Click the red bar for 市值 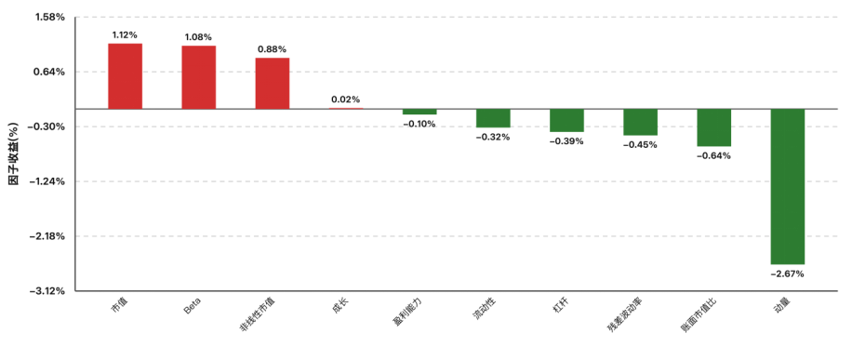[x=125, y=76]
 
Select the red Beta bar [x=199, y=77]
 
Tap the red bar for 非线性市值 [x=273, y=83]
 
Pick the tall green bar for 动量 [x=787, y=187]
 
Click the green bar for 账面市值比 [x=714, y=127]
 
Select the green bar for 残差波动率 [x=640, y=122]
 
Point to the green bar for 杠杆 [x=566, y=120]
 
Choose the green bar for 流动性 [x=493, y=118]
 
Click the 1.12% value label [x=125, y=35]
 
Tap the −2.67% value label [x=787, y=274]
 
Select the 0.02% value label [x=346, y=100]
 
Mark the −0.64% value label [x=714, y=156]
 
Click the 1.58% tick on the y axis [x=50, y=18]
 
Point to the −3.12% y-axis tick [x=47, y=291]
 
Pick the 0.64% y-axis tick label [x=50, y=72]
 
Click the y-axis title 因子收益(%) [x=15, y=153]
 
